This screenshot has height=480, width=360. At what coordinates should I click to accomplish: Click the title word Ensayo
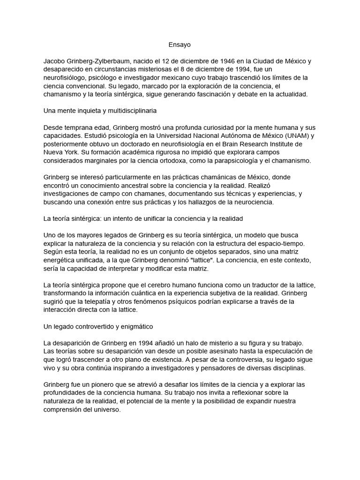[x=180, y=45]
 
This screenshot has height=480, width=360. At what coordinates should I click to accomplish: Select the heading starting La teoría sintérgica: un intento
[x=143, y=218]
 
